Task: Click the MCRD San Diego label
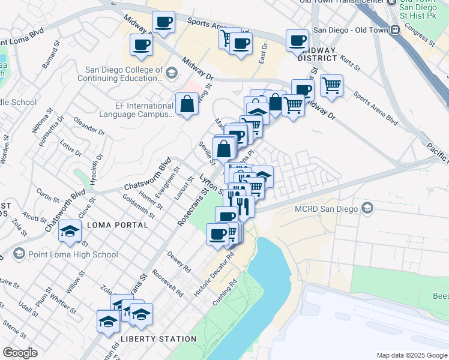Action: [327, 209]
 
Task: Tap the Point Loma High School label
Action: [72, 254]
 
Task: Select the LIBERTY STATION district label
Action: [158, 339]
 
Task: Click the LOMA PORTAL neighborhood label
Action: [118, 225]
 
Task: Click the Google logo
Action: [20, 353]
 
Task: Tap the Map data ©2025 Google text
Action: [411, 355]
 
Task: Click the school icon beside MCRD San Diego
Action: [367, 209]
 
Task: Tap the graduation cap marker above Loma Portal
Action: [70, 232]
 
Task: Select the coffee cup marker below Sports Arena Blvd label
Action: [241, 44]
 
